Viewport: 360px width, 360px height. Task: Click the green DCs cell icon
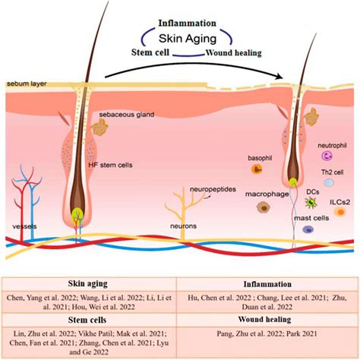290,203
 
